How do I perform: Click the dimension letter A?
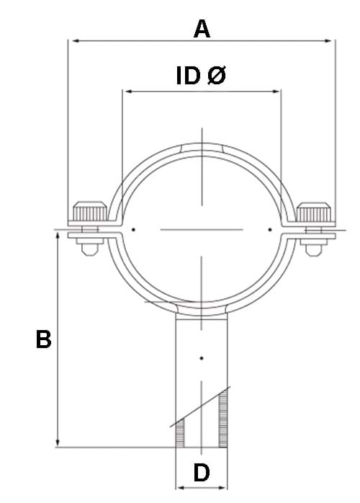[202, 29]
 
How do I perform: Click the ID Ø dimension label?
[201, 76]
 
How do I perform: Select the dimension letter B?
[44, 340]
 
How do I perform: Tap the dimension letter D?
[202, 473]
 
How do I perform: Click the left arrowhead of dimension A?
[72, 41]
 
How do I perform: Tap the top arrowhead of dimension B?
[57, 237]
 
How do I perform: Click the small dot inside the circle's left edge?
[134, 231]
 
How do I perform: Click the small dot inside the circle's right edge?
[270, 231]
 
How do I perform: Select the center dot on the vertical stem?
[202, 358]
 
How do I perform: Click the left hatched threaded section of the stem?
[180, 431]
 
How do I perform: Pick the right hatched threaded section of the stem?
[224, 418]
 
